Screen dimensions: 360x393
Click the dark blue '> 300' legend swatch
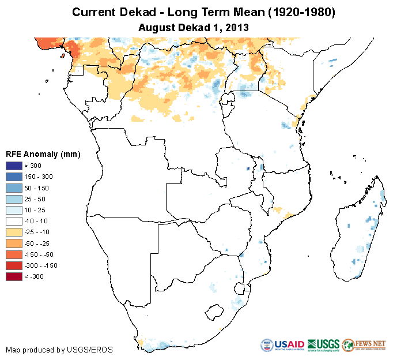click(x=14, y=166)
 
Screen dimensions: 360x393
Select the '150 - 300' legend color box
click(x=14, y=177)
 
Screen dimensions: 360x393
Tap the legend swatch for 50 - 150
click(x=14, y=187)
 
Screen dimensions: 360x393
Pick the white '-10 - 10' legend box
click(x=14, y=221)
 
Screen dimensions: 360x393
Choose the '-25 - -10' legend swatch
click(x=14, y=232)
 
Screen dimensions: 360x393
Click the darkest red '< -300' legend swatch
click(x=14, y=276)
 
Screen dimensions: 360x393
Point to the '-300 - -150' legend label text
click(x=40, y=265)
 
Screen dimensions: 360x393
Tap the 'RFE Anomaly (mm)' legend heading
click(x=43, y=154)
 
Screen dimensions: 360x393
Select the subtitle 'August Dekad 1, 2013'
click(x=196, y=27)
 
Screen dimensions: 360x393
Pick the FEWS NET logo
click(x=363, y=345)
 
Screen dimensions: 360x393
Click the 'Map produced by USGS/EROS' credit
click(x=59, y=350)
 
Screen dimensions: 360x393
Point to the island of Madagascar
click(x=360, y=231)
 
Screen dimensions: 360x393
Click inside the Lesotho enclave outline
click(x=215, y=312)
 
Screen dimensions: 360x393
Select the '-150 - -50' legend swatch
click(x=14, y=254)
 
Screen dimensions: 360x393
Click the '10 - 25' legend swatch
click(x=14, y=210)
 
